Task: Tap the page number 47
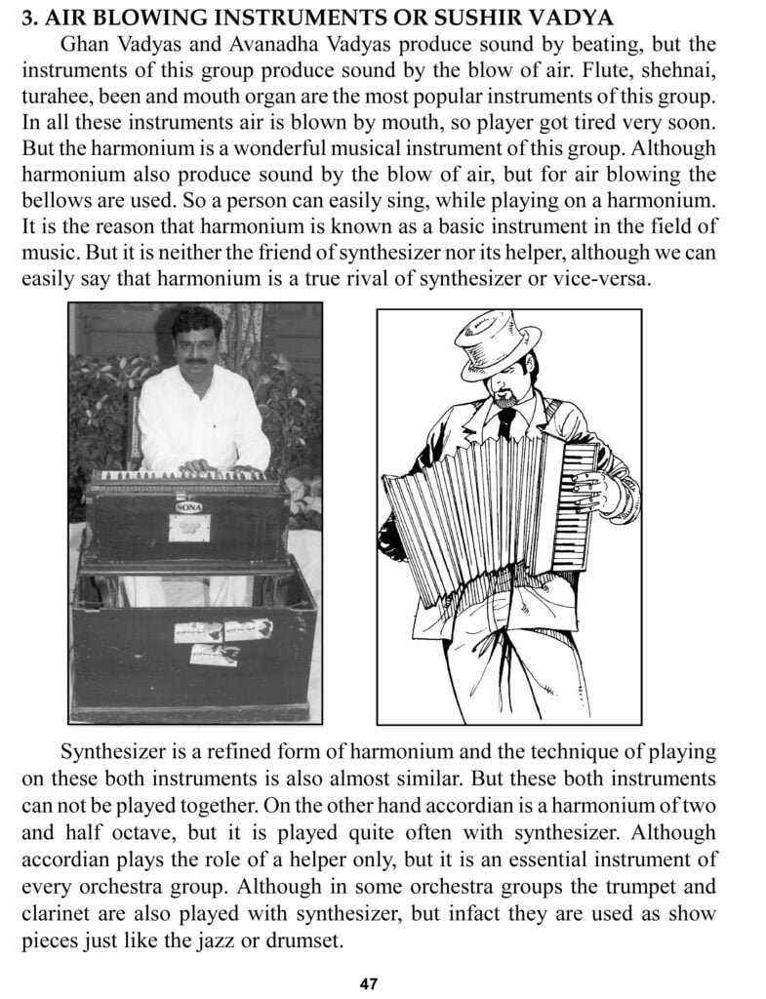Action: (368, 982)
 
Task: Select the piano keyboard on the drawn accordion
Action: (583, 507)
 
